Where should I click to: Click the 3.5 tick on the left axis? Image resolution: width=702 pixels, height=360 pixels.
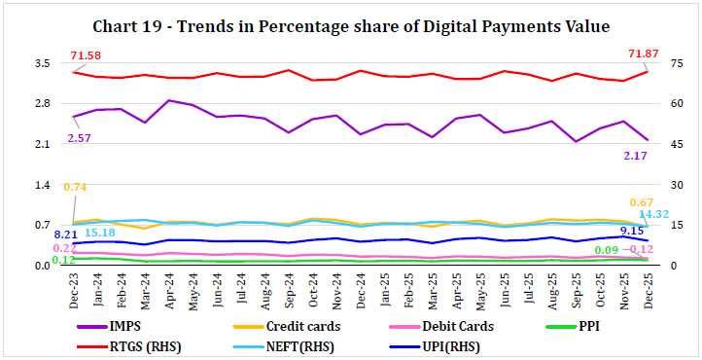[x=43, y=63]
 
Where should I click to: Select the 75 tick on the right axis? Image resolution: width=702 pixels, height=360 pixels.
[x=676, y=63]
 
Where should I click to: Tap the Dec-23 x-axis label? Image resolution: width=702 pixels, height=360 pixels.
[x=74, y=289]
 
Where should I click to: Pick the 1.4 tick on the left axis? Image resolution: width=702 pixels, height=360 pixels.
[x=43, y=185]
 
